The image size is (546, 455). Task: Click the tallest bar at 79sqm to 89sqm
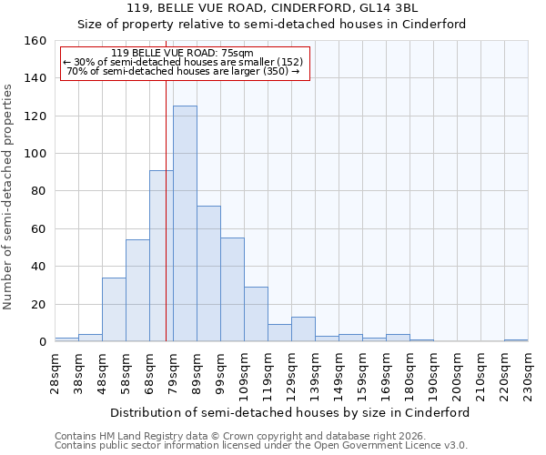click(185, 224)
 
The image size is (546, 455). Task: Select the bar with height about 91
click(161, 256)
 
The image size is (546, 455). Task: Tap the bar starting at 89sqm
click(208, 274)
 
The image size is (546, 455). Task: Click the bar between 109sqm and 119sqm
click(256, 314)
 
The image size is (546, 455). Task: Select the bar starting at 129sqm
click(303, 329)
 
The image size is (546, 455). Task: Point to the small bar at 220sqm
click(516, 340)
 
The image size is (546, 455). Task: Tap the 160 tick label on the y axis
click(35, 41)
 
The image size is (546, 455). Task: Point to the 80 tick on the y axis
click(39, 191)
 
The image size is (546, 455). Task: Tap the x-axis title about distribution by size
click(291, 412)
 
